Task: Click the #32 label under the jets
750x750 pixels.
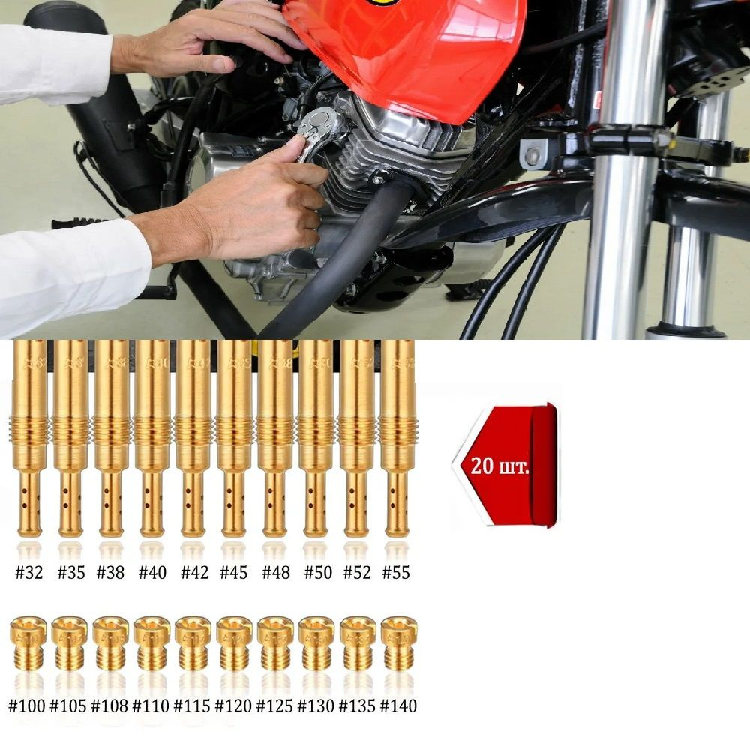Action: click(29, 572)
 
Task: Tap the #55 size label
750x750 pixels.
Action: click(396, 572)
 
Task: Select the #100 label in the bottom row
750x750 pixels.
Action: click(27, 706)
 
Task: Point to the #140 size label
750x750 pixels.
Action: click(398, 706)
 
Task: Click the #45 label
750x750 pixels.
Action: click(233, 572)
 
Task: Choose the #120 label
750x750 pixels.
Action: click(233, 706)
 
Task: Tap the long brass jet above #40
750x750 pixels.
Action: click(152, 438)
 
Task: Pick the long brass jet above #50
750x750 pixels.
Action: click(316, 438)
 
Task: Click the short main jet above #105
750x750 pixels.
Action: click(69, 643)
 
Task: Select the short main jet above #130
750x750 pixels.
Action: click(316, 643)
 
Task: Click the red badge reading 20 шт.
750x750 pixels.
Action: click(505, 465)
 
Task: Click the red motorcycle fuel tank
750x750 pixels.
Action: click(406, 52)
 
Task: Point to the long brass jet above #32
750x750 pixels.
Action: click(29, 438)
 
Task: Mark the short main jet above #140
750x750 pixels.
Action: click(399, 643)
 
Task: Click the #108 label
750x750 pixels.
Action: click(109, 706)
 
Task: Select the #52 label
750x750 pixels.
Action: click(357, 572)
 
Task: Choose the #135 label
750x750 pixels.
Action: click(357, 706)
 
